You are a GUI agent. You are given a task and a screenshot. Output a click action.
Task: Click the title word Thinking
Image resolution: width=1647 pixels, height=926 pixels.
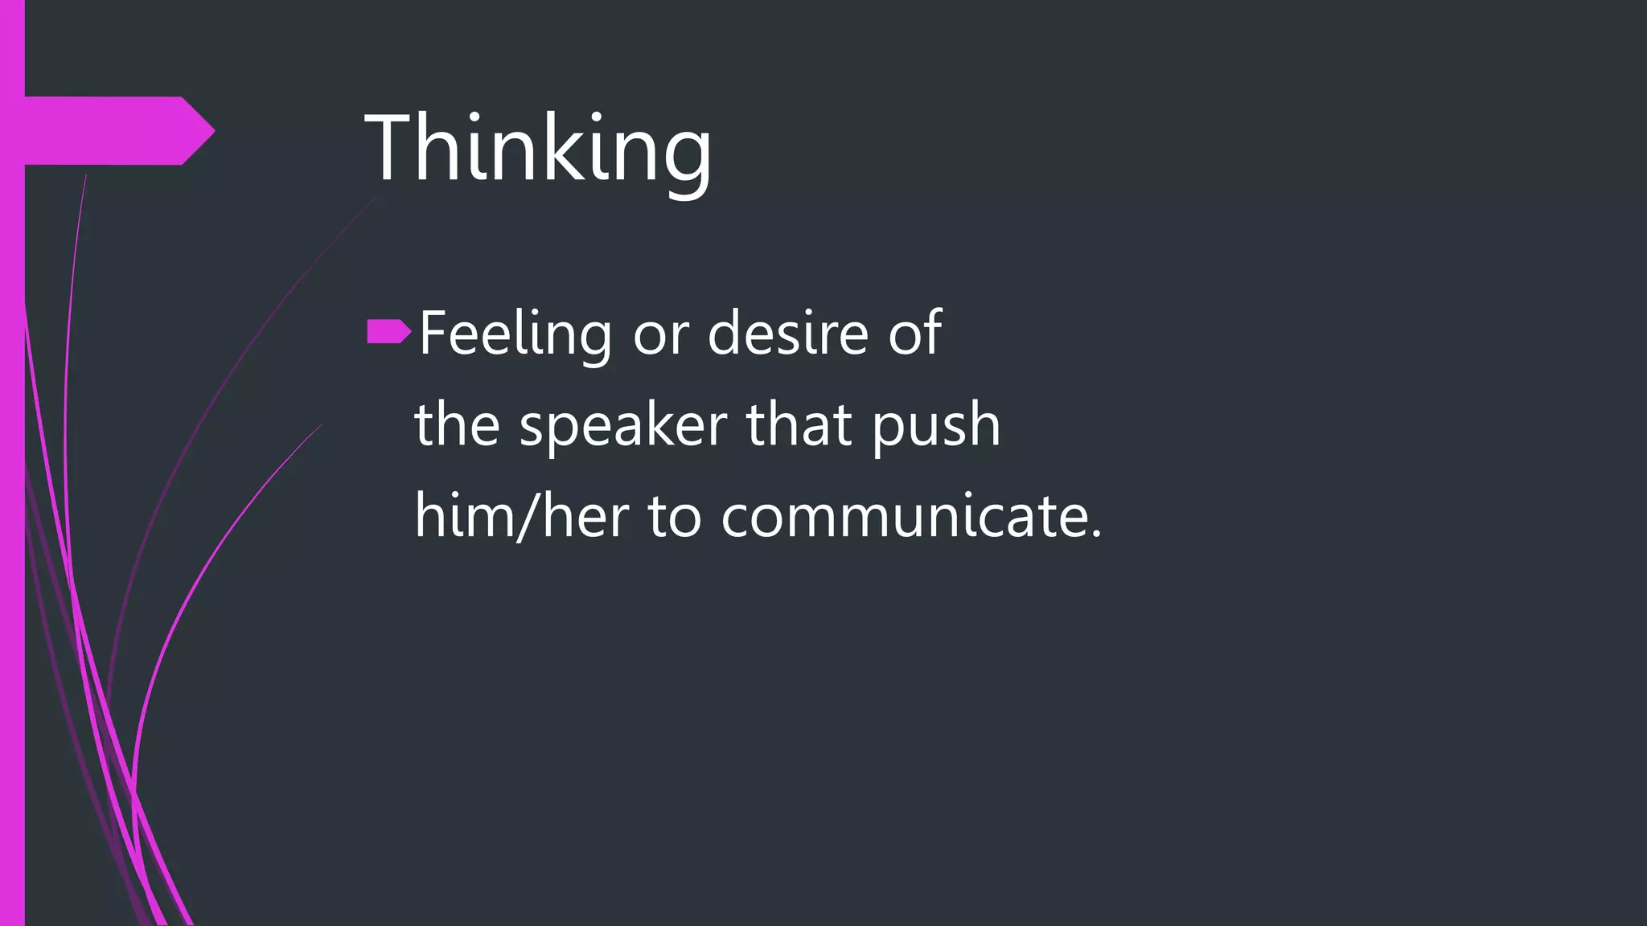click(x=538, y=149)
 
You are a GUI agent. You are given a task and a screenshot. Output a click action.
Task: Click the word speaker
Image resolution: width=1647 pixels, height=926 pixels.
click(x=623, y=425)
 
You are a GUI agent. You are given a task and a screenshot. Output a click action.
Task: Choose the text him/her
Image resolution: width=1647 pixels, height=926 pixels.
click(x=521, y=516)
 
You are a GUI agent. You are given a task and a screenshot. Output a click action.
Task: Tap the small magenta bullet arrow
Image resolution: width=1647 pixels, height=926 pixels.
click(x=389, y=331)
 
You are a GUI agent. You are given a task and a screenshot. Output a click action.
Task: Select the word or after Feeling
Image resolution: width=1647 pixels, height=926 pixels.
click(x=660, y=334)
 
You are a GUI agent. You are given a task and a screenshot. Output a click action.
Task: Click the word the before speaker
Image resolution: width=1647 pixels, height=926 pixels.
click(x=457, y=425)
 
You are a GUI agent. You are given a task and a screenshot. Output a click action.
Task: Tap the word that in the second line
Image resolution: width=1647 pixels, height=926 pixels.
click(x=799, y=425)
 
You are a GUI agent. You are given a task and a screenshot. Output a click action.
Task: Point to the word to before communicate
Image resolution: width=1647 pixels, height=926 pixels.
click(x=675, y=516)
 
